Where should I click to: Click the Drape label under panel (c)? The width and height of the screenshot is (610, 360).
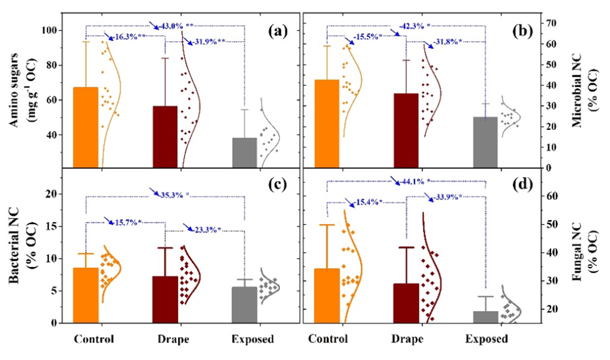[x=173, y=339]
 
